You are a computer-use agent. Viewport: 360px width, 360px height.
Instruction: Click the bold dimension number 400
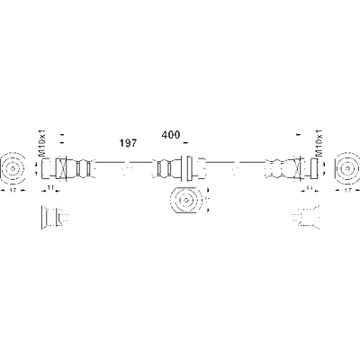click(171, 135)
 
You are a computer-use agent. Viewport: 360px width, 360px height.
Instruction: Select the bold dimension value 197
click(128, 143)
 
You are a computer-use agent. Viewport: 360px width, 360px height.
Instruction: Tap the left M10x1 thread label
click(42, 143)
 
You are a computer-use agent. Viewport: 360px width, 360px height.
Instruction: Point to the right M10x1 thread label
click(319, 143)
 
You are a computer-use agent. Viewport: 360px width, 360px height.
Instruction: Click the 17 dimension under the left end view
click(13, 190)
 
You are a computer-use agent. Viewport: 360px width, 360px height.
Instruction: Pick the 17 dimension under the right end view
click(347, 190)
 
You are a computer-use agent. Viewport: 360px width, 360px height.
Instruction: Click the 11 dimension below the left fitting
click(50, 188)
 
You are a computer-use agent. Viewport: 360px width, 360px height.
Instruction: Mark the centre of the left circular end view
click(13, 168)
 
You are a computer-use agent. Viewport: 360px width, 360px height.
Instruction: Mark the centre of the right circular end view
click(347, 168)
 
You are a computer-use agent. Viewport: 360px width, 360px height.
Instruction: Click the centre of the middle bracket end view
click(185, 200)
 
